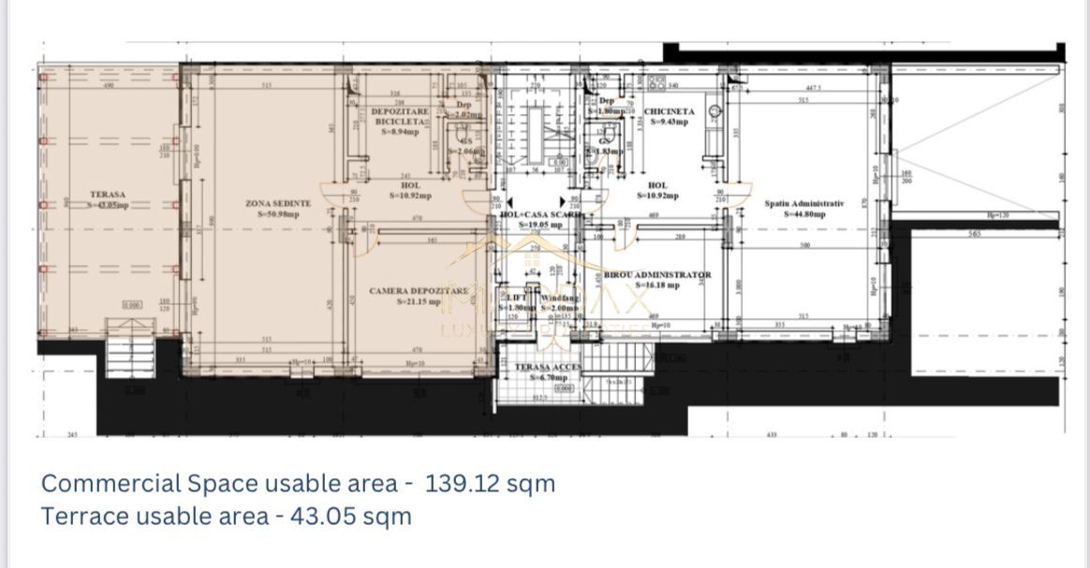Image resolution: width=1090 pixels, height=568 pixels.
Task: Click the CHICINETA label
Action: coord(670,111)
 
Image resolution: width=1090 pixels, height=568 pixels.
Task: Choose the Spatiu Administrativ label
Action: coord(803,203)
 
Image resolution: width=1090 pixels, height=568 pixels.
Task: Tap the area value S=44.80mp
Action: coord(804,213)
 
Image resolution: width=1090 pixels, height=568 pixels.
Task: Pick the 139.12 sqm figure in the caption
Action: coord(490,484)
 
